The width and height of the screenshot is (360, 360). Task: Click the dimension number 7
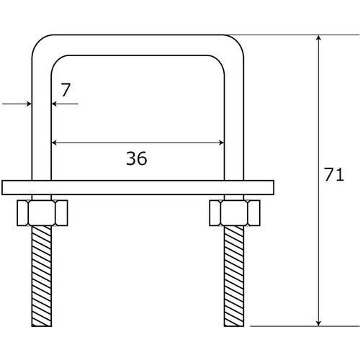(x=66, y=90)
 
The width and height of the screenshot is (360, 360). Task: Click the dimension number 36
(x=136, y=159)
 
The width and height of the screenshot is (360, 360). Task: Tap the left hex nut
(x=41, y=213)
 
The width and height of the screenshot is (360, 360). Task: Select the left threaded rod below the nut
(x=41, y=274)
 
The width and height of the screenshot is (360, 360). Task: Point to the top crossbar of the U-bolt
(x=137, y=44)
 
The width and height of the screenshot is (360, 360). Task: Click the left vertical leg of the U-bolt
(x=41, y=115)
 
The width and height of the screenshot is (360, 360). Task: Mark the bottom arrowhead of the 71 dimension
(x=317, y=321)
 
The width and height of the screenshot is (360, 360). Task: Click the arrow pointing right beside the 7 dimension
(x=28, y=104)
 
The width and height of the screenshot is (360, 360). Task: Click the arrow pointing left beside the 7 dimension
(x=55, y=104)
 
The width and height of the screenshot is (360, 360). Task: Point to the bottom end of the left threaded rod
(x=41, y=322)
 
